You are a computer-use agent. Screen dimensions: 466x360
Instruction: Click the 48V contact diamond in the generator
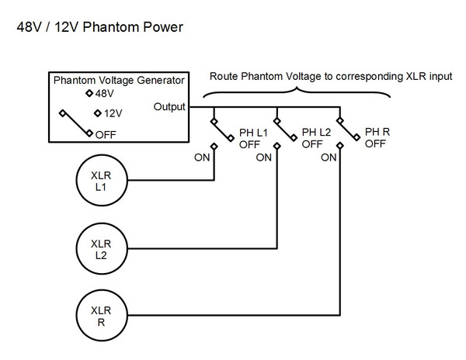tap(89, 93)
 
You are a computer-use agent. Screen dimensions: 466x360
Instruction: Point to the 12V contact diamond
tap(98, 113)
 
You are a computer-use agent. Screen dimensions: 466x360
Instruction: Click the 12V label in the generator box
tap(113, 113)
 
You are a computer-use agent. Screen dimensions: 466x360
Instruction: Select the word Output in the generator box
tap(169, 107)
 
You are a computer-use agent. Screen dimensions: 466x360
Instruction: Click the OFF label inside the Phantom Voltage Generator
tap(106, 135)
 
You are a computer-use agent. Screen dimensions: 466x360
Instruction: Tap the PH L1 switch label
tap(253, 133)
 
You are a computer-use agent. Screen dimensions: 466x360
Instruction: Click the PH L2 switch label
tap(316, 132)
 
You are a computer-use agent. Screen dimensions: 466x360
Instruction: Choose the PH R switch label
tap(377, 132)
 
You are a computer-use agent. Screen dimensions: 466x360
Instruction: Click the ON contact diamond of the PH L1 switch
tap(214, 147)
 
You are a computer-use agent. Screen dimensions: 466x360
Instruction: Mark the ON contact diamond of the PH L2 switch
tap(277, 146)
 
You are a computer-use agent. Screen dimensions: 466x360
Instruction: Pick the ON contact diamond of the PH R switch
tap(340, 146)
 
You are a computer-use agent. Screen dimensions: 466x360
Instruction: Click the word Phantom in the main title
tap(111, 27)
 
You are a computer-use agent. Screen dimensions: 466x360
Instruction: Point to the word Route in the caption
tap(224, 76)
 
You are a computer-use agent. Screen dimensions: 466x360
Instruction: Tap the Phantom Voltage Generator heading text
tap(119, 80)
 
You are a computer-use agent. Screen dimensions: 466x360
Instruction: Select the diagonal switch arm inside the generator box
tap(76, 123)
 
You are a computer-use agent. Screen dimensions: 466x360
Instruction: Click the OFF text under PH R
tap(375, 144)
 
